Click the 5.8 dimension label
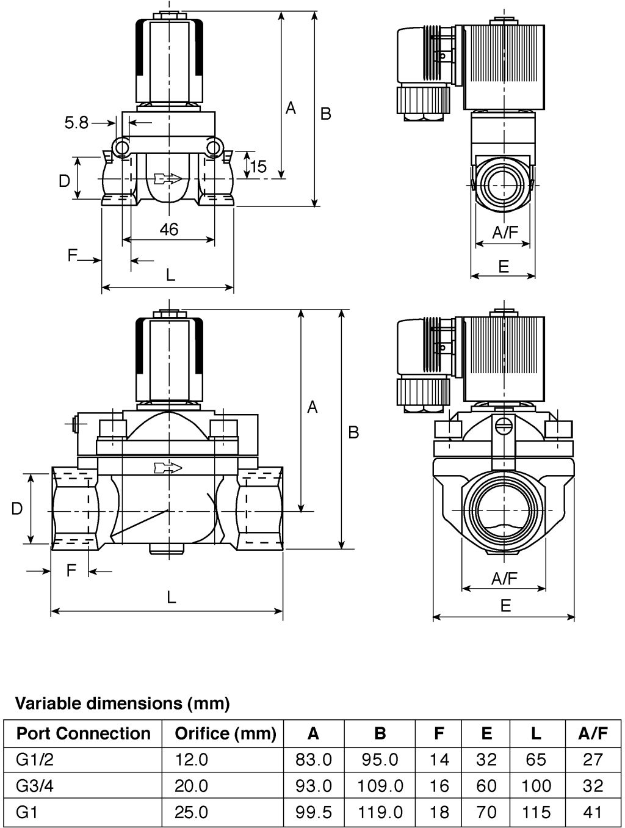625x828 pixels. pos(76,122)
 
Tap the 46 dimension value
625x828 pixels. pos(168,229)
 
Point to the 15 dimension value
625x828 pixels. pos(259,166)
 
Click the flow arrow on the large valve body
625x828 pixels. pos(168,468)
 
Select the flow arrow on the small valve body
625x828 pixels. pos(168,178)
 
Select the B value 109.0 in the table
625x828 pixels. pos(380,786)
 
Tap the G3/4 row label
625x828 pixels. pos(35,786)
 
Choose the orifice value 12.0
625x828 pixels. pos(191,759)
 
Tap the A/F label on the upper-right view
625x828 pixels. pos(505,233)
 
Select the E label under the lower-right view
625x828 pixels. pos(506,606)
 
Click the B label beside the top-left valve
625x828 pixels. pos(326,113)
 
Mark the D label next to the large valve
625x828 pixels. pos(17,509)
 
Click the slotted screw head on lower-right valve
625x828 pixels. pos(504,426)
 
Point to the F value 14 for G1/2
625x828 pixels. pos(439,759)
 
